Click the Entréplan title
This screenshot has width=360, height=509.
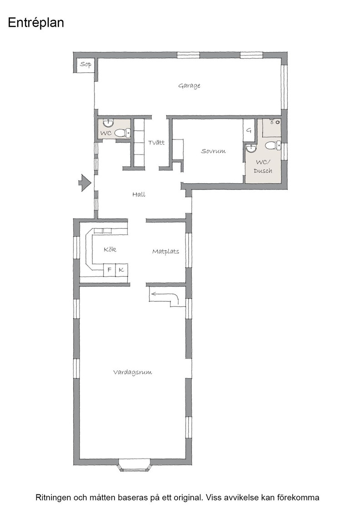click(x=36, y=23)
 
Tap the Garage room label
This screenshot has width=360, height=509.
click(x=189, y=86)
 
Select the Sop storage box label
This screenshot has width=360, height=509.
click(x=86, y=64)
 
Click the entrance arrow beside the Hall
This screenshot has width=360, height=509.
click(x=85, y=183)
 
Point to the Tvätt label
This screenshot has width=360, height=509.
click(x=156, y=142)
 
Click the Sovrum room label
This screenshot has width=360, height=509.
click(x=213, y=151)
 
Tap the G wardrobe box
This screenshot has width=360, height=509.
click(x=249, y=130)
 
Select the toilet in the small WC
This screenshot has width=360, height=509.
click(x=122, y=132)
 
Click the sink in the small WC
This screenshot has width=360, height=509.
click(x=108, y=123)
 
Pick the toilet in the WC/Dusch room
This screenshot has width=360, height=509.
click(x=273, y=146)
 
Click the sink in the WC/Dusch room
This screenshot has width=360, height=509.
click(x=251, y=148)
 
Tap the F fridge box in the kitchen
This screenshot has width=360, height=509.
click(x=110, y=270)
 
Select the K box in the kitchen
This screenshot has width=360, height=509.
click(x=121, y=270)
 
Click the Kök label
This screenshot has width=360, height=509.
click(x=110, y=250)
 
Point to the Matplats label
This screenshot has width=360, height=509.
click(x=165, y=252)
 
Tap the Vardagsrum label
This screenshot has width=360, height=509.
click(x=132, y=372)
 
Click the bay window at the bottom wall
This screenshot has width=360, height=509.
click(x=135, y=464)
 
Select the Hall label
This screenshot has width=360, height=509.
click(x=139, y=195)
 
